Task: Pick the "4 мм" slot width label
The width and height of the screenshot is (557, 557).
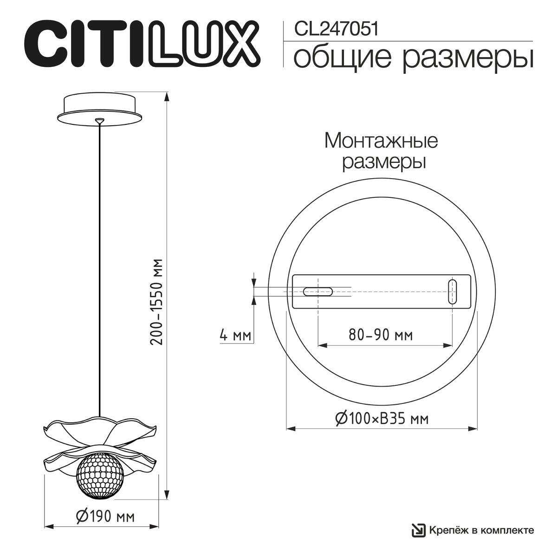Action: pos(235,335)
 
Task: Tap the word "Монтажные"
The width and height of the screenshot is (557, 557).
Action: pos(381,141)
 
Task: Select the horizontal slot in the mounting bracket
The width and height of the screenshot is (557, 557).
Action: pos(318,291)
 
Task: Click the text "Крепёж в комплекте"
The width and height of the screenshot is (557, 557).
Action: pos(480,530)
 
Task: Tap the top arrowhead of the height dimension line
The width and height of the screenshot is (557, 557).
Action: pos(167,96)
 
